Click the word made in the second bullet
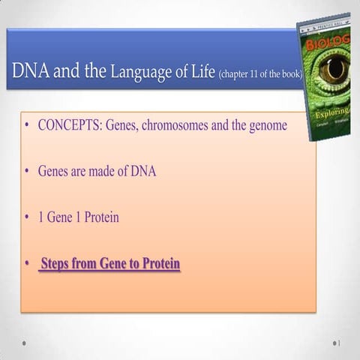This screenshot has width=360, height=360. pyautogui.click(x=103, y=171)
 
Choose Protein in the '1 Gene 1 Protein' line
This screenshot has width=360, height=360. pyautogui.click(x=97, y=217)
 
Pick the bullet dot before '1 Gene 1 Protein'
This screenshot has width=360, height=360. pyautogui.click(x=27, y=218)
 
